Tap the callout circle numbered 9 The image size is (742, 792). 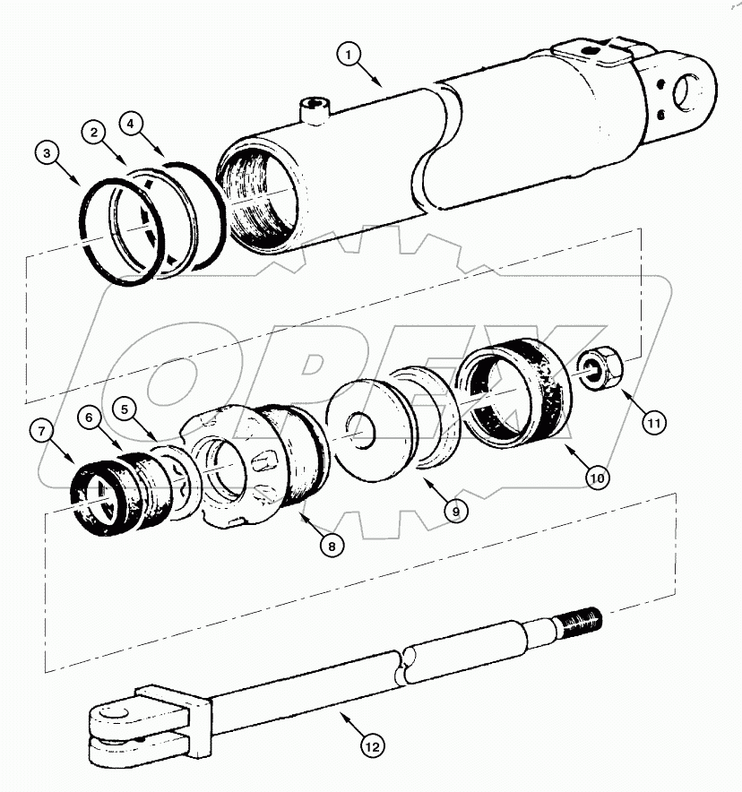(454, 511)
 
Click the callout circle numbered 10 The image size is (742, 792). (598, 478)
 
